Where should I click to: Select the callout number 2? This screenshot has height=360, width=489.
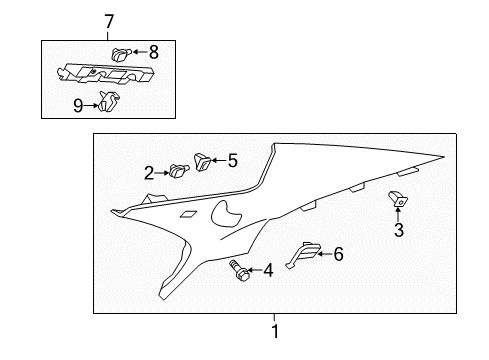click(x=149, y=174)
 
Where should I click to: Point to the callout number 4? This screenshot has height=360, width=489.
click(x=268, y=269)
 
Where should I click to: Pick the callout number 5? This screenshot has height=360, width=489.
click(x=232, y=158)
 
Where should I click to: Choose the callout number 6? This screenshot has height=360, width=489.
click(x=337, y=255)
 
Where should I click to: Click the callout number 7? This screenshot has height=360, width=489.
click(x=110, y=21)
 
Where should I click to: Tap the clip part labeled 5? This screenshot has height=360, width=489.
click(x=203, y=158)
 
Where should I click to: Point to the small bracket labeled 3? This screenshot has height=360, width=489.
click(x=398, y=201)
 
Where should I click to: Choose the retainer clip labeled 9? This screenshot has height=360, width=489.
click(x=109, y=99)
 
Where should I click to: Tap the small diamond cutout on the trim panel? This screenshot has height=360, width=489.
click(x=186, y=213)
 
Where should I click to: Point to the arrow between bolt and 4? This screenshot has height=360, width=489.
click(x=254, y=269)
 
